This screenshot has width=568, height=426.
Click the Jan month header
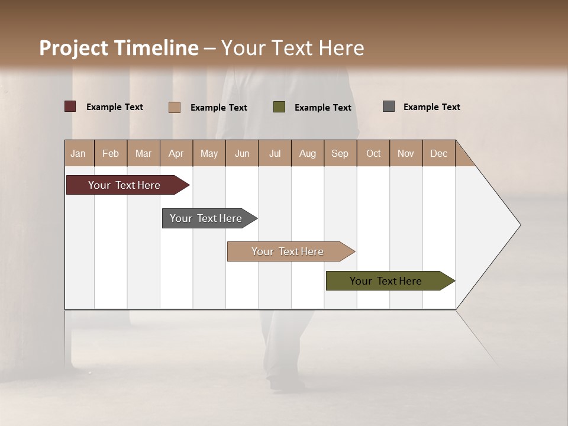pos(79,153)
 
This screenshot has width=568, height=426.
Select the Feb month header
pos(111,153)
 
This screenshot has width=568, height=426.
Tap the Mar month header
pos(143,153)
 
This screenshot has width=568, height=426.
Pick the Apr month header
pos(176,153)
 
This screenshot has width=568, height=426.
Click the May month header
pos(209,153)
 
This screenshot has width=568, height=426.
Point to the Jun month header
pos(242,153)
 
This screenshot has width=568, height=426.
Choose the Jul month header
pos(275,153)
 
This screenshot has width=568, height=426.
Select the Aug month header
pos(308,153)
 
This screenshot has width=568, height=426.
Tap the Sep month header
pos(340,153)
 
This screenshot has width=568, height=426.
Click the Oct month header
pos(373,153)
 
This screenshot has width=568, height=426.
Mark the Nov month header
pos(406,153)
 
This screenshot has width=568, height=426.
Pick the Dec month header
pos(439,153)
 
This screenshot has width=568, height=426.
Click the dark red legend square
pos(70,106)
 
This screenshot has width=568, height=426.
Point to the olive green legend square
pos(279,106)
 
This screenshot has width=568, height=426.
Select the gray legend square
pos(388,106)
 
